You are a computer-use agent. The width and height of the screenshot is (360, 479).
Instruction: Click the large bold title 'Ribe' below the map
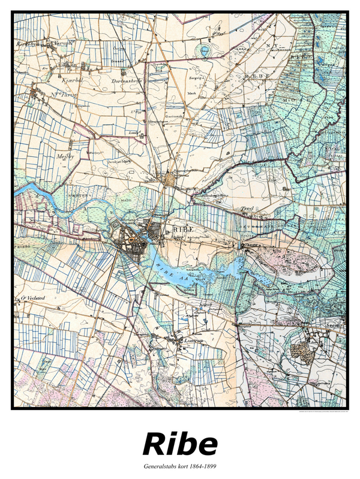(180, 445)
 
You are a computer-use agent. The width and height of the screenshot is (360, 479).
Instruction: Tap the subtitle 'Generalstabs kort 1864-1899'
(180, 465)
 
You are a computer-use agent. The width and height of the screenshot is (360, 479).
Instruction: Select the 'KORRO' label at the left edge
(23, 246)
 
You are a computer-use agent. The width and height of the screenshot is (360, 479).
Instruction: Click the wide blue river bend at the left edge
(27, 191)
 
